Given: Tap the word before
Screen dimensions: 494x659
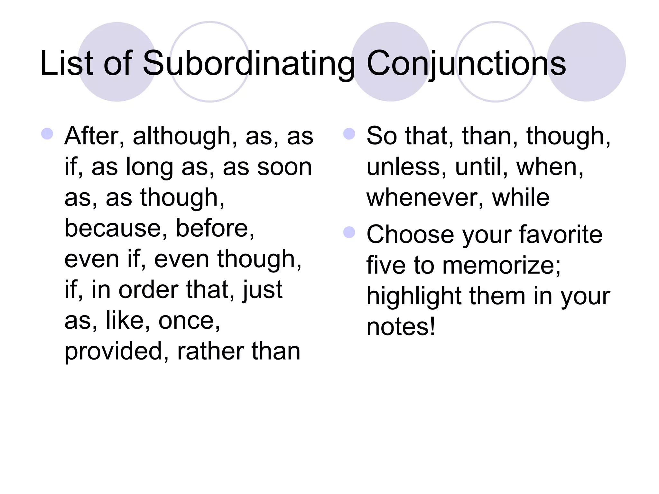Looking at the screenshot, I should pos(215,228).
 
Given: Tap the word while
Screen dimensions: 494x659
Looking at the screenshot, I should pos(521,197).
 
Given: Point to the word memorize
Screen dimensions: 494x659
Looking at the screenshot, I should pos(501,265).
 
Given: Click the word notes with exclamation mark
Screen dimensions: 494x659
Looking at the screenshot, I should pos(401,327).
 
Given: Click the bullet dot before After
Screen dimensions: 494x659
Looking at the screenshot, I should pos(47,133).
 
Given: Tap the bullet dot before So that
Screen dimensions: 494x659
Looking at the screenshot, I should pos(349,133).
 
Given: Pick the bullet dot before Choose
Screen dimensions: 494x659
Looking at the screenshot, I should pos(349,232).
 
